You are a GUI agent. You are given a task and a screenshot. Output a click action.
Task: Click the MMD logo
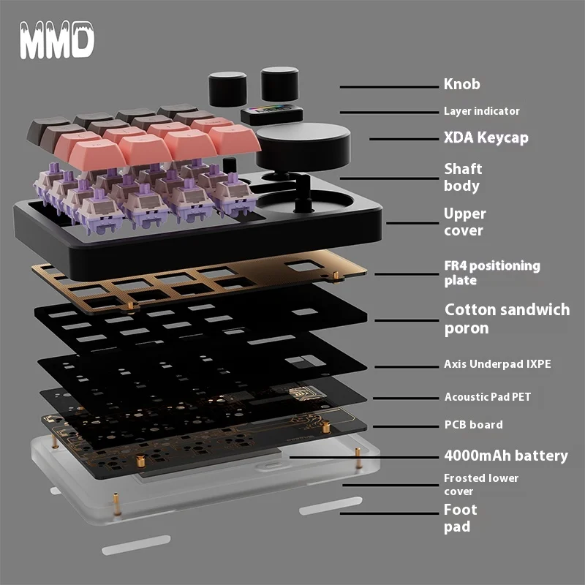[57, 42]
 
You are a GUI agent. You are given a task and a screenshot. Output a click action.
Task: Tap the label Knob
[462, 84]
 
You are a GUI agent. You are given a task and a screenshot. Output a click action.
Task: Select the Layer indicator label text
[481, 111]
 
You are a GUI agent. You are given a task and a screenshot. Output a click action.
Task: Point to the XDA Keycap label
[486, 137]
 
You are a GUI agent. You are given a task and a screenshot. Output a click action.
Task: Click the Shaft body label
[463, 177]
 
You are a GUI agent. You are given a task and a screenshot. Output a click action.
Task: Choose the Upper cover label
[464, 222]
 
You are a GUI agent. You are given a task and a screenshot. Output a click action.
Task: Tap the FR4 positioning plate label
[491, 273]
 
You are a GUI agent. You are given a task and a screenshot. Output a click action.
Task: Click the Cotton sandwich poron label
[507, 318]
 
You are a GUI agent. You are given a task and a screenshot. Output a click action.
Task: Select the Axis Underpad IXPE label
[497, 363]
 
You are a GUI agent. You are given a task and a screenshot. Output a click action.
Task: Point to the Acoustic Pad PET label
[488, 397]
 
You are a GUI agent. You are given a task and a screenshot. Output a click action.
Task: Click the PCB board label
[473, 425]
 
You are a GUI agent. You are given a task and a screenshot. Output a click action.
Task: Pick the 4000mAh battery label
[505, 456]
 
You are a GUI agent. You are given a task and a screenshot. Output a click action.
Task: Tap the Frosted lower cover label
[481, 484]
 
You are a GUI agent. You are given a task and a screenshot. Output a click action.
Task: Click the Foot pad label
[460, 518]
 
